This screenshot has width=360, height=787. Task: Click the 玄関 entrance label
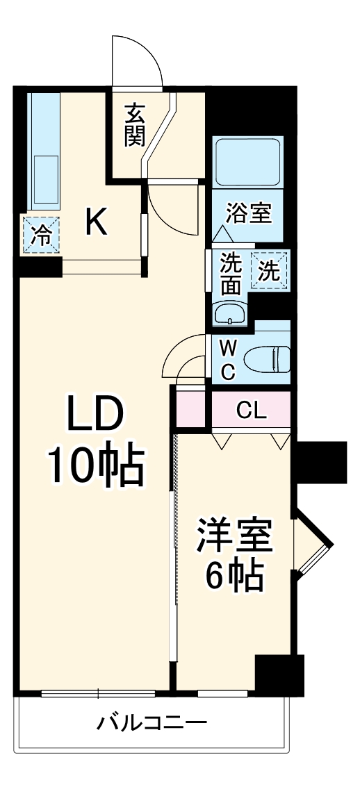135,125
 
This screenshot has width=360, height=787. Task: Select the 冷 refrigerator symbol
41,235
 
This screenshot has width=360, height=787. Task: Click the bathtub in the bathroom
247,162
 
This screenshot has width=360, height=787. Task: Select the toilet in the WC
268,358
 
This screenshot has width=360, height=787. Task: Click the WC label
228,358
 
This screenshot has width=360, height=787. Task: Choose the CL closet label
252,411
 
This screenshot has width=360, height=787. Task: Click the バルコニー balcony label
151,724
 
